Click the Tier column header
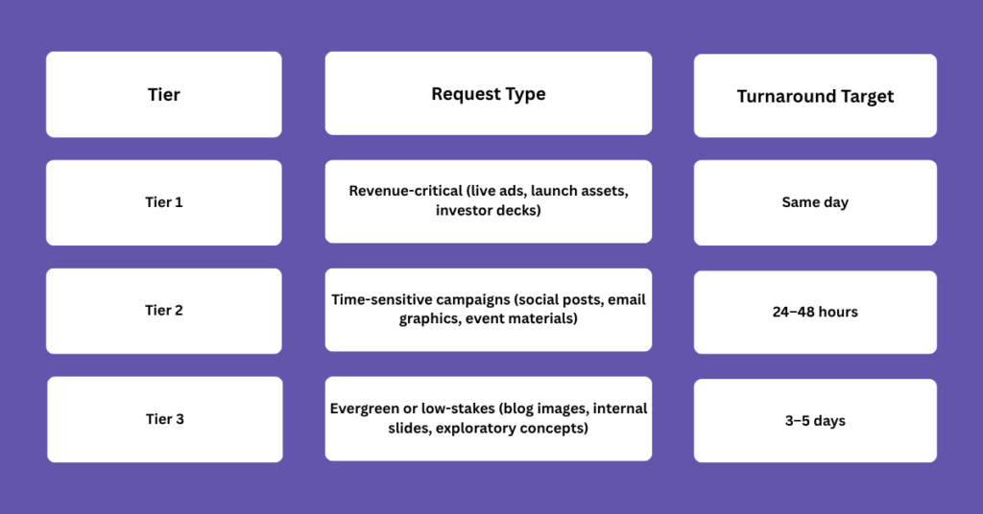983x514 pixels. (163, 95)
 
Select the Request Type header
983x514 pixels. (489, 94)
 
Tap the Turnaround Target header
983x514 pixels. (815, 97)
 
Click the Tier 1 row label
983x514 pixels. (163, 202)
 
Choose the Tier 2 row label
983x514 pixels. (163, 311)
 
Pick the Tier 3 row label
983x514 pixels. (165, 419)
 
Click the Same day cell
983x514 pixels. (815, 202)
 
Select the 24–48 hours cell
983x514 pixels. (815, 312)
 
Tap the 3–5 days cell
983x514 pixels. (815, 421)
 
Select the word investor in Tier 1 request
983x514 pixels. (461, 210)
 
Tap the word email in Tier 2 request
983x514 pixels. (626, 299)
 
